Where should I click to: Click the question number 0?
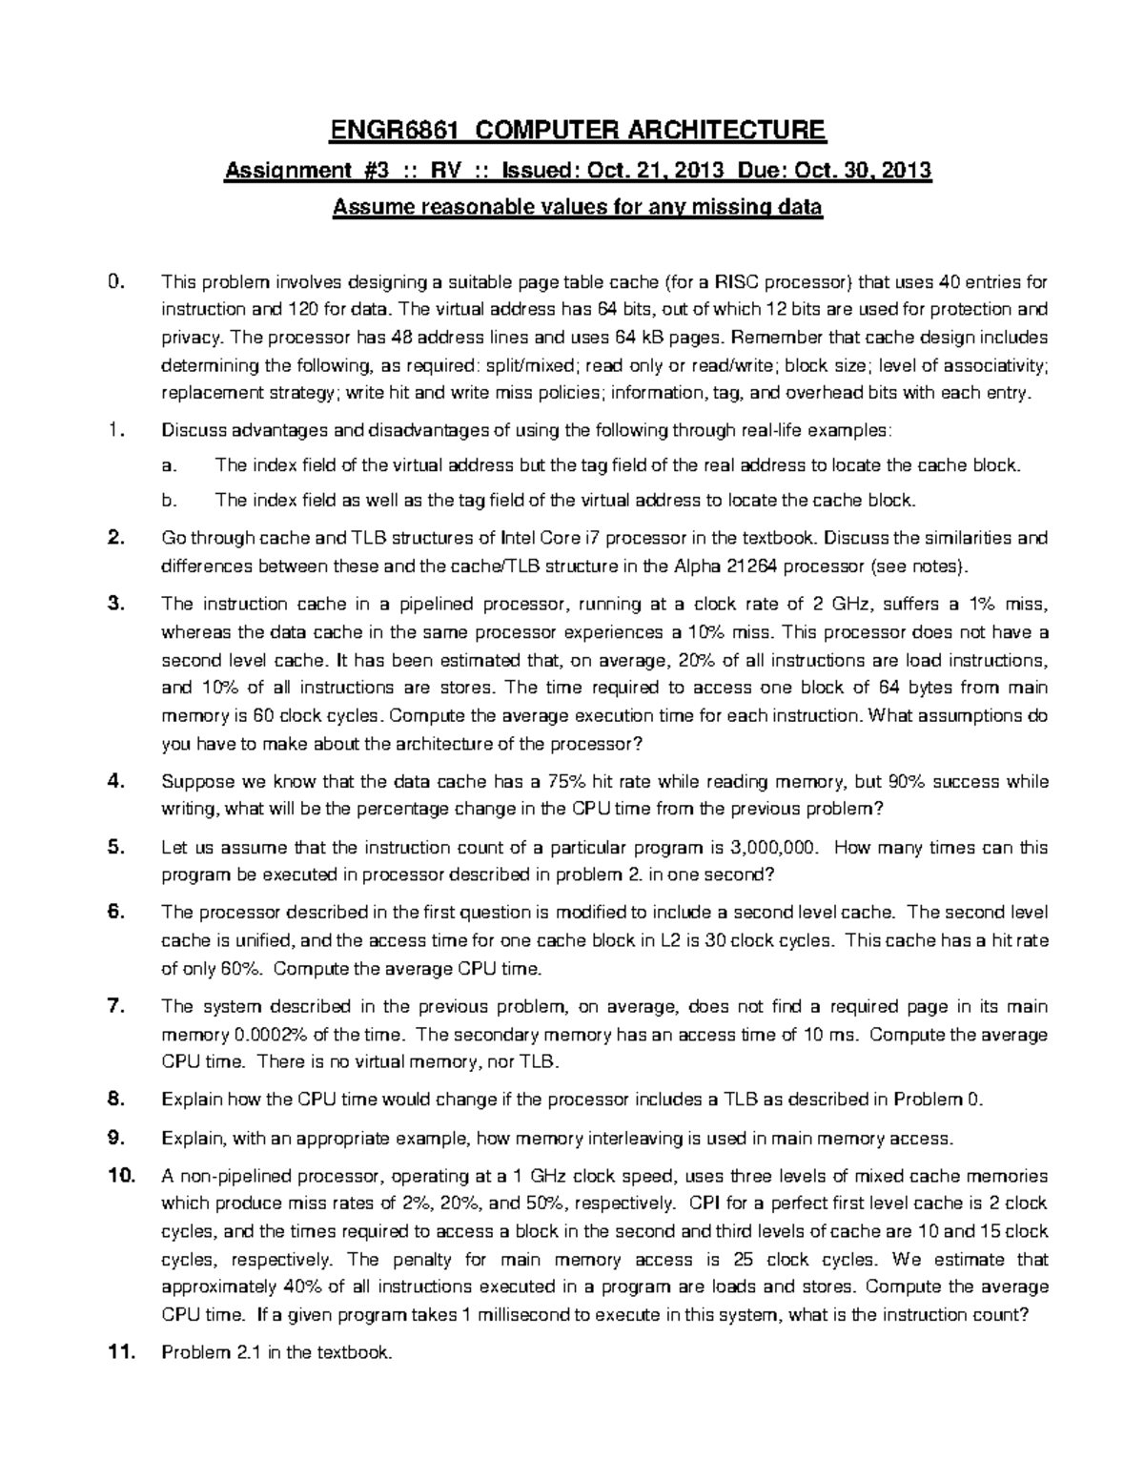click(x=115, y=281)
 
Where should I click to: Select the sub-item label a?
click(x=169, y=465)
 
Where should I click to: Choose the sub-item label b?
click(x=169, y=499)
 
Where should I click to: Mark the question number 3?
click(x=115, y=603)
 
